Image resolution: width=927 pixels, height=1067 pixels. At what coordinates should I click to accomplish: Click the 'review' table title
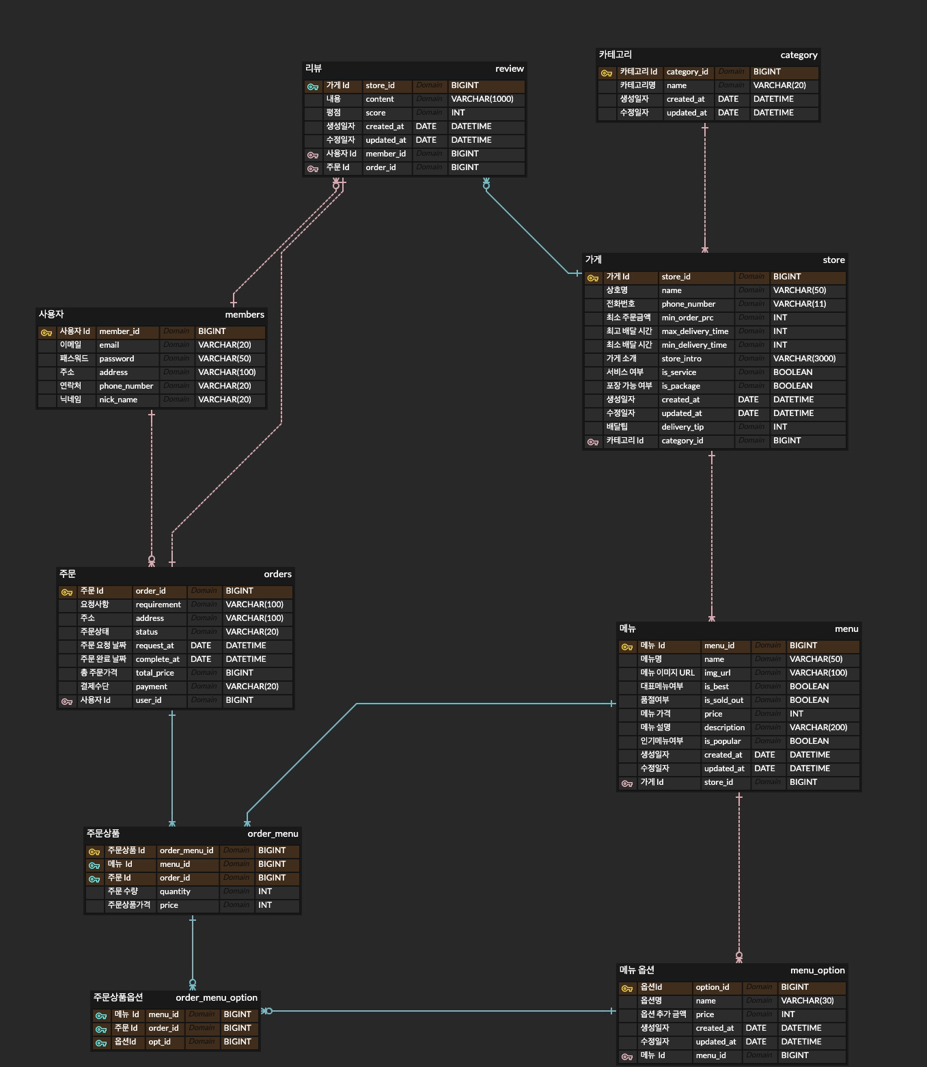(x=509, y=69)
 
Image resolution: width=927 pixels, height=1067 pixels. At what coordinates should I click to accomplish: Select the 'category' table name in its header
(x=799, y=55)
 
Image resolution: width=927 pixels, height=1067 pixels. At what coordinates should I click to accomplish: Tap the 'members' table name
(x=245, y=315)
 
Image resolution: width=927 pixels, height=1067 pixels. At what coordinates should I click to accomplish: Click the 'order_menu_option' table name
(x=217, y=998)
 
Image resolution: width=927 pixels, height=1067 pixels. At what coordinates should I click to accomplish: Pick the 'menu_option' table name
(x=817, y=971)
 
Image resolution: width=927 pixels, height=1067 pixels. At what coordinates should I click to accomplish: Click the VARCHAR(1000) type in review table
(x=482, y=99)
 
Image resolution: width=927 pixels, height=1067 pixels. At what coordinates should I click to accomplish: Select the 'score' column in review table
(x=375, y=113)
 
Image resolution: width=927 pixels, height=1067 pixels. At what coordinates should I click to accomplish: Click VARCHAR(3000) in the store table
(x=804, y=359)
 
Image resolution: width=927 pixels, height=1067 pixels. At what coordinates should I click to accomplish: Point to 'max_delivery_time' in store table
(x=695, y=331)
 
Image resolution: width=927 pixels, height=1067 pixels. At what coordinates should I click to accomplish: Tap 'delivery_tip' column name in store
(x=682, y=427)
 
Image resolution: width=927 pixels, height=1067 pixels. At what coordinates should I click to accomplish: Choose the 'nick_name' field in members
(x=118, y=400)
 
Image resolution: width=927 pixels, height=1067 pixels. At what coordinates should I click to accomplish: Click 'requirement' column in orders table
(x=158, y=605)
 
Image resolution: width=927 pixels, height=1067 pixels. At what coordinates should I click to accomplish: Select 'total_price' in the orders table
(x=154, y=673)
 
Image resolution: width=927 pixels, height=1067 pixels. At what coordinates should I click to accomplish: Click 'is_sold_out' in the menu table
(x=723, y=700)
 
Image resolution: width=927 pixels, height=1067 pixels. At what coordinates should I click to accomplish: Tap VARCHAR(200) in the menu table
(x=818, y=727)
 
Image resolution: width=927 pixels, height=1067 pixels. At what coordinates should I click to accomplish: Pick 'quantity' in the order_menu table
(x=175, y=891)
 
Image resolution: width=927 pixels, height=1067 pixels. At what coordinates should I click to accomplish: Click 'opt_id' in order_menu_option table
(x=159, y=1042)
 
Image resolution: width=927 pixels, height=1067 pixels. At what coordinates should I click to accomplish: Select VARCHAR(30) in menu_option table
(x=807, y=1001)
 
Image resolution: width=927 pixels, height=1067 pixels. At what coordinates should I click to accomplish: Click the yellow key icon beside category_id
(x=606, y=72)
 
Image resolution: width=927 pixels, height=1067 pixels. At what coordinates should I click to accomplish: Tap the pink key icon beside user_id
(x=67, y=701)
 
